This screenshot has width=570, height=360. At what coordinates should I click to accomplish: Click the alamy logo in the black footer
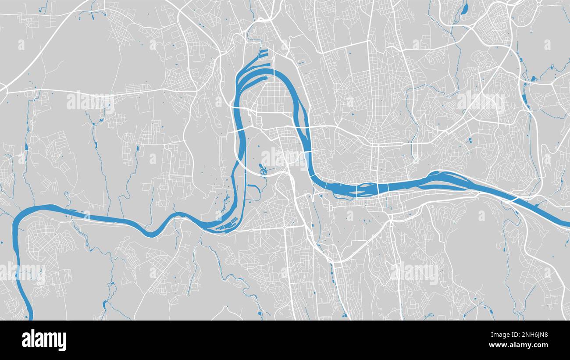[44, 340]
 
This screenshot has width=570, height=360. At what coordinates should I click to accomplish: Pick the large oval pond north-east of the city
[465, 7]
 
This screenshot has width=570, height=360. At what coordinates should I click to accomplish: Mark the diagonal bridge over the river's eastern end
[517, 199]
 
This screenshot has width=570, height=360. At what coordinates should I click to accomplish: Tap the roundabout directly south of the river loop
[285, 228]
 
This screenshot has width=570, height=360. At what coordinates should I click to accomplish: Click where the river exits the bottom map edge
[30, 317]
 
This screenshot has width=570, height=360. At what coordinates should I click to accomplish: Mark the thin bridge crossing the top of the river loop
[274, 72]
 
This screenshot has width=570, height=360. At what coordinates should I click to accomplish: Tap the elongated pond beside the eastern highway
[524, 100]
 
